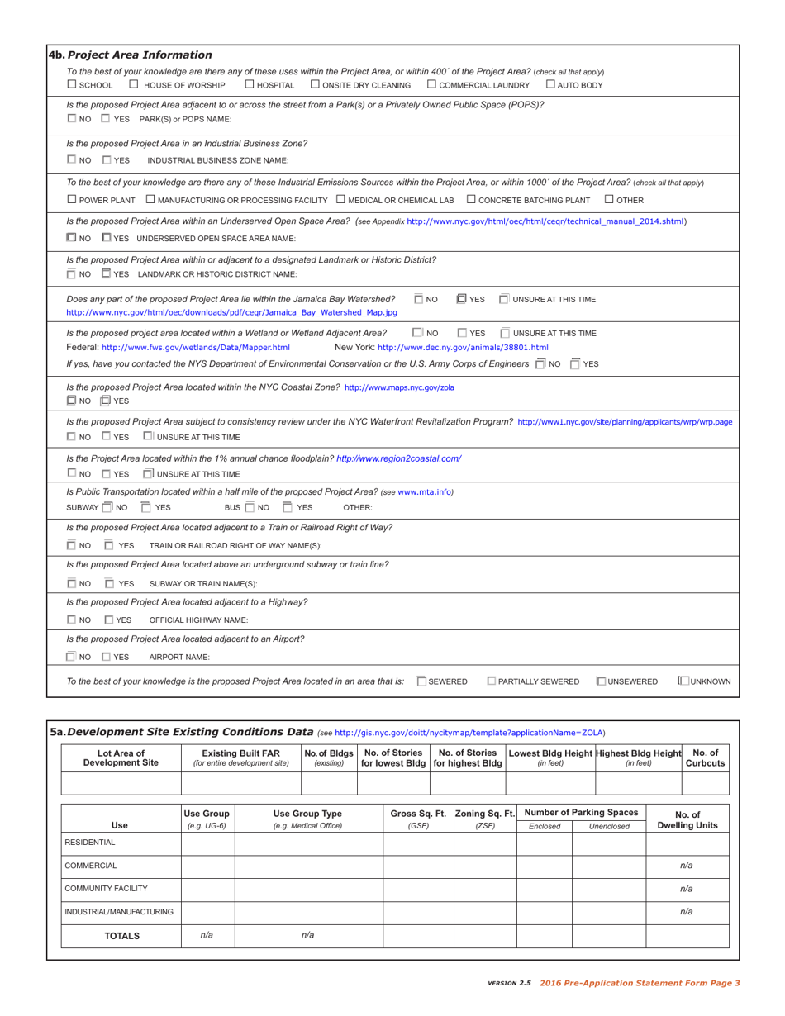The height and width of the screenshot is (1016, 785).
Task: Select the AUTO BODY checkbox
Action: tap(551, 86)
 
